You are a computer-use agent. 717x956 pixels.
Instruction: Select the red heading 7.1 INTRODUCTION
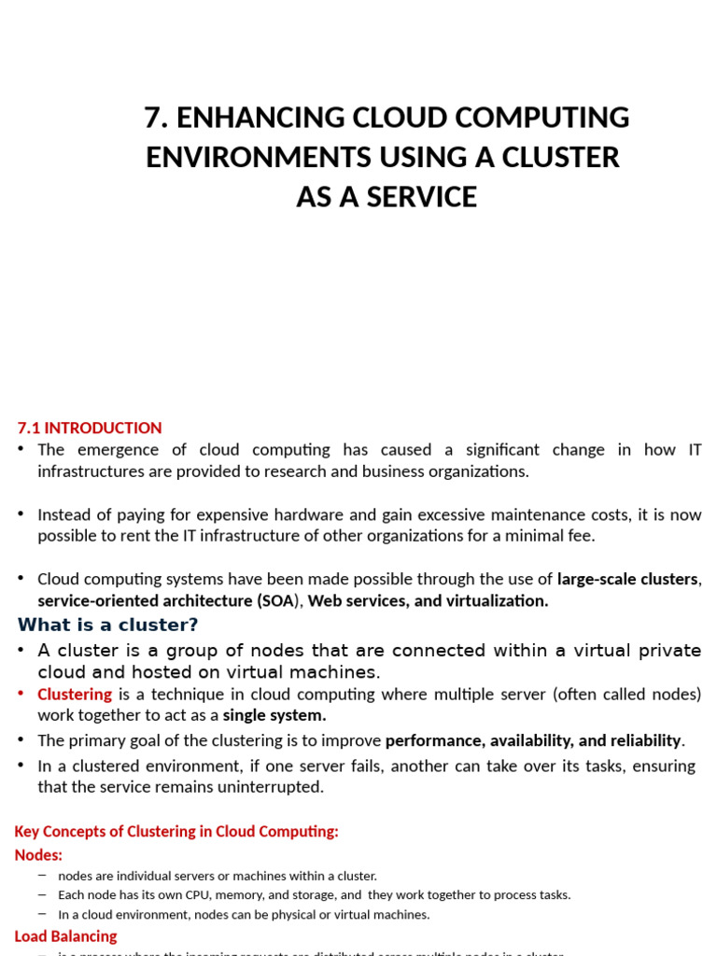(90, 428)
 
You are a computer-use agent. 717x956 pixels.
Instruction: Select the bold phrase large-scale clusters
(626, 579)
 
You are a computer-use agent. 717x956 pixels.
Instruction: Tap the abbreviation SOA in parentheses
(277, 600)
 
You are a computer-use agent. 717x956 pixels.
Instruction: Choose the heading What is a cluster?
(108, 625)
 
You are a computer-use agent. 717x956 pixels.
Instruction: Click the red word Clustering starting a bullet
(75, 695)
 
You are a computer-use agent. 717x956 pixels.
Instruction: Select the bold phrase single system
(274, 715)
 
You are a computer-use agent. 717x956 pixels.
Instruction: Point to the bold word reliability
(645, 740)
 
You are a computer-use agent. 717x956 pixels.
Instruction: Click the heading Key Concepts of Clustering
(176, 831)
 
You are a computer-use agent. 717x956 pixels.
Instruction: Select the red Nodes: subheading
(38, 854)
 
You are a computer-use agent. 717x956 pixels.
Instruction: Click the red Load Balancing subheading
(65, 935)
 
